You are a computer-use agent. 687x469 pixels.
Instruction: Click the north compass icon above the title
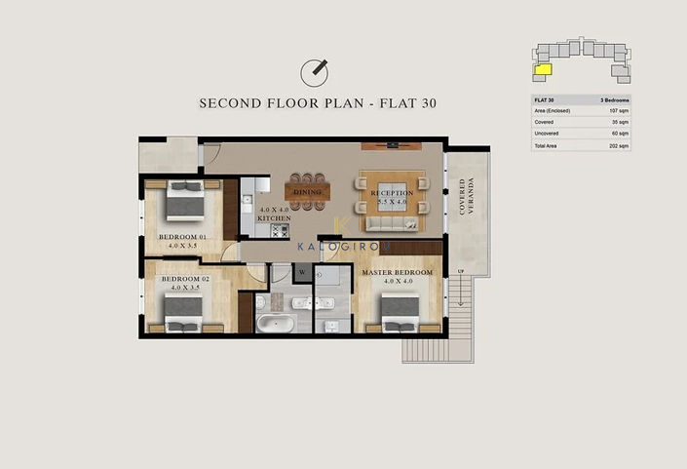(x=314, y=70)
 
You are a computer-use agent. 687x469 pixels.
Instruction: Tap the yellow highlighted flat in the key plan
(x=543, y=68)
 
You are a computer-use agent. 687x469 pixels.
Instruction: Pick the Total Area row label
(x=548, y=145)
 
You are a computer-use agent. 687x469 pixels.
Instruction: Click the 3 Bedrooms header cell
(x=613, y=99)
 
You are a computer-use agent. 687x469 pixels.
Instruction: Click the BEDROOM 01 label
(x=183, y=237)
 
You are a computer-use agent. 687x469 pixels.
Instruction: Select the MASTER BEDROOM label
(x=397, y=272)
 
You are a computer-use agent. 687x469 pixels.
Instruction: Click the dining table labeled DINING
(x=308, y=192)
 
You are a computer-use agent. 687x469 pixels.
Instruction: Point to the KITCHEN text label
(x=274, y=218)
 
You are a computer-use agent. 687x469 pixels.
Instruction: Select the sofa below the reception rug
(x=391, y=224)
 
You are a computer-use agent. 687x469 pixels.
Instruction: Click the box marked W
(x=303, y=272)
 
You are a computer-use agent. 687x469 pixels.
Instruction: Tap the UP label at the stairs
(x=462, y=270)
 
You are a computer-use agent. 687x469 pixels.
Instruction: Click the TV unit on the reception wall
(x=391, y=145)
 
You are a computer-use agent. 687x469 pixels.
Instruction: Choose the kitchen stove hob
(x=280, y=232)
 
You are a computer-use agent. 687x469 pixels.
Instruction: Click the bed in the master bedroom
(x=399, y=312)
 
